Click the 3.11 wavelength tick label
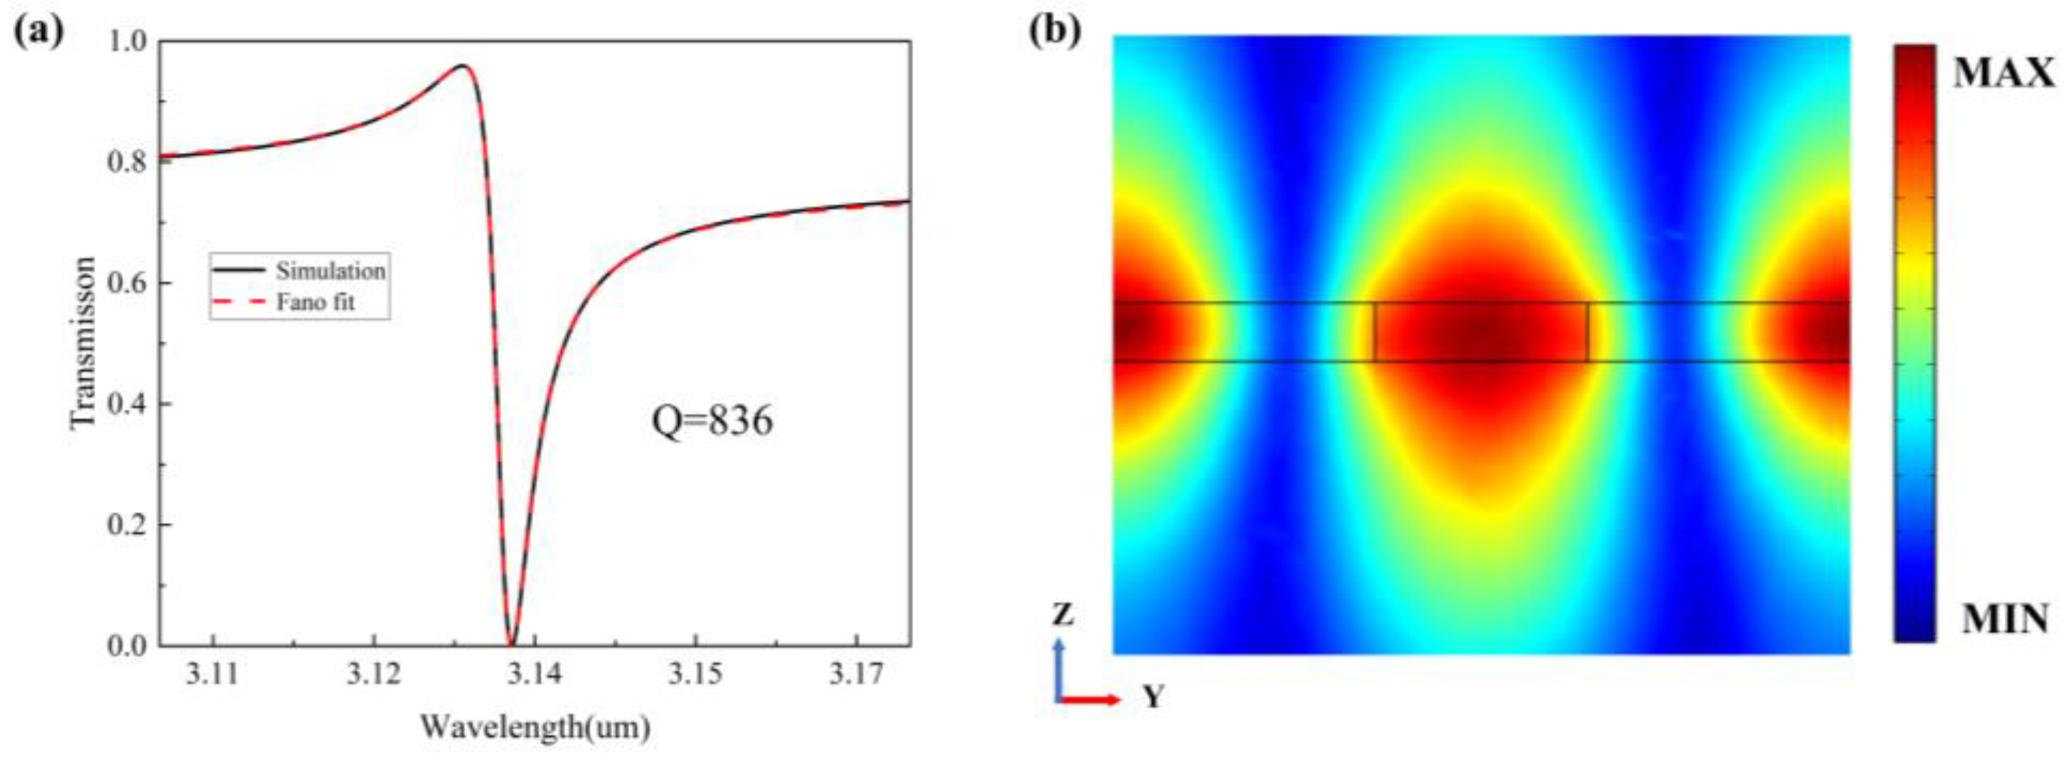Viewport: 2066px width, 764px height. (213, 675)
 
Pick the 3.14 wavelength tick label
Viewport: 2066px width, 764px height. (534, 675)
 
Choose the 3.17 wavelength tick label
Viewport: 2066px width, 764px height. (856, 675)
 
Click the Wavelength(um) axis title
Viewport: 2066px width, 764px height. (535, 727)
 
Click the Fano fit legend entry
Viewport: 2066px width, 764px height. (315, 302)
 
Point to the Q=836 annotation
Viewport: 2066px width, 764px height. (712, 420)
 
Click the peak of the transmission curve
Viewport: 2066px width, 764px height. (463, 66)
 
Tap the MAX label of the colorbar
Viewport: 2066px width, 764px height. (2003, 75)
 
